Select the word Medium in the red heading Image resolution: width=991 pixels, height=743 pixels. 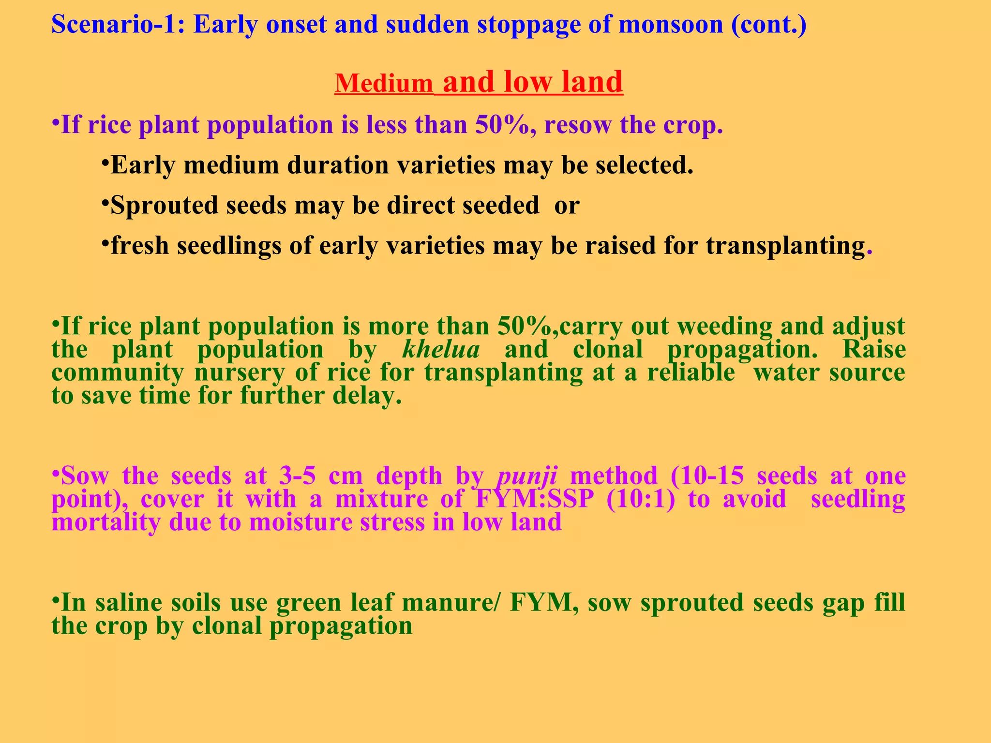pos(384,83)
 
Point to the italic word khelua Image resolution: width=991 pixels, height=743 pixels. pos(441,349)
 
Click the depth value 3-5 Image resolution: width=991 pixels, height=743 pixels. pos(298,476)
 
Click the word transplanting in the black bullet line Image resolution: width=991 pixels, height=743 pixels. pos(785,245)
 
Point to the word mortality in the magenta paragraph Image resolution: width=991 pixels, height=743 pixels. pos(106,522)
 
